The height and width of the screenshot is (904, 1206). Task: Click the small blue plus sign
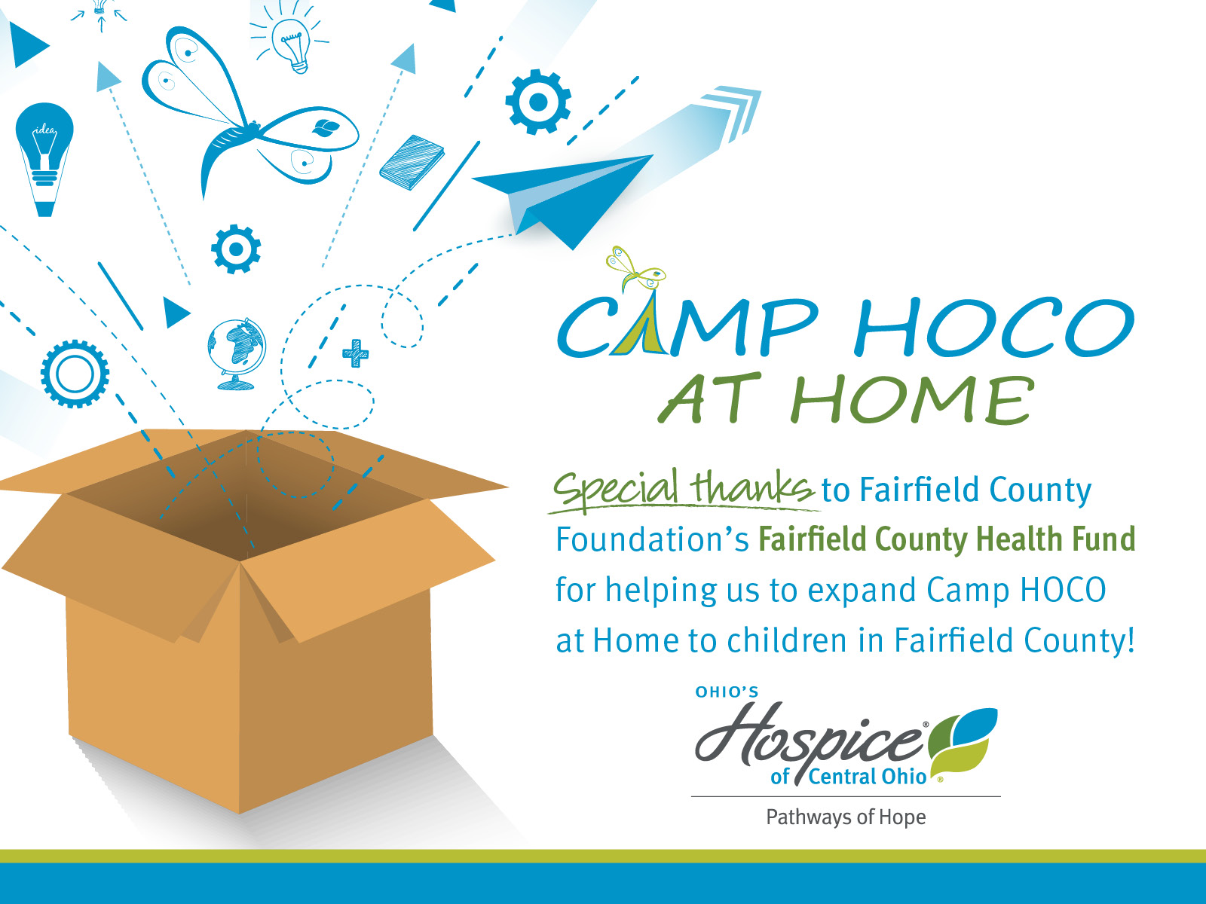(x=356, y=353)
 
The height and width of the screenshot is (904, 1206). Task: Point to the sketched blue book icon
(x=412, y=163)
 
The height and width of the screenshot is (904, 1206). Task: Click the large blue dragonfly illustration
(x=247, y=110)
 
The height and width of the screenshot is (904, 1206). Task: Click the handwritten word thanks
(x=753, y=487)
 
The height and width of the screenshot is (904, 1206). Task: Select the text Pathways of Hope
(x=846, y=817)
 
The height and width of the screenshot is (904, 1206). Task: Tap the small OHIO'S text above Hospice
(x=727, y=692)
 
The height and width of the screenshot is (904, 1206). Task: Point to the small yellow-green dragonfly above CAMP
(x=635, y=268)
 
